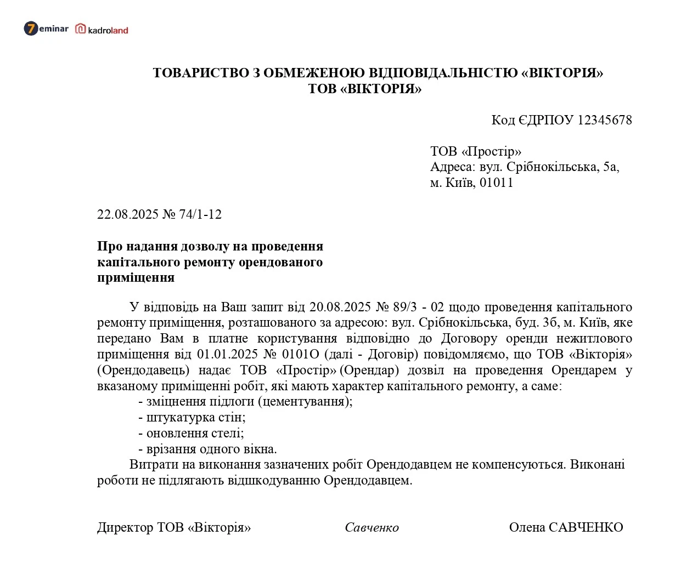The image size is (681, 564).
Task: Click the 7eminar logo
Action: point(46,29)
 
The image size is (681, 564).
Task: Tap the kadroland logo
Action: point(102,30)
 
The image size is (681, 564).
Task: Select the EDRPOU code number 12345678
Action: point(605,120)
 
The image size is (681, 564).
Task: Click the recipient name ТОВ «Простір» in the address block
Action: point(475,151)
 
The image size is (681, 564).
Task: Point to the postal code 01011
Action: point(496,183)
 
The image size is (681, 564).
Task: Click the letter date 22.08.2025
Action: point(128,214)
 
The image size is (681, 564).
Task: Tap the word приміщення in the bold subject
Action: point(136,277)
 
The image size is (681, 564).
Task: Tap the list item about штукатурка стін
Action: point(195,417)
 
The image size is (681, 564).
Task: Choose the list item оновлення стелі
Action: point(195,433)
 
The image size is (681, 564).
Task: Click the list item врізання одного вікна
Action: point(211,449)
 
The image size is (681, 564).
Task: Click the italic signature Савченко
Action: point(372,527)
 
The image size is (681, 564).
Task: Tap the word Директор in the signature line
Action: point(125,527)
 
